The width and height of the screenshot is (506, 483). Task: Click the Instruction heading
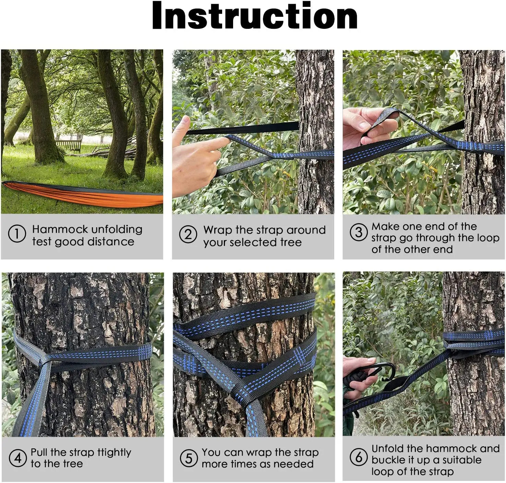point(255,16)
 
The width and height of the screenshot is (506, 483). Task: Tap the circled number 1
point(17,234)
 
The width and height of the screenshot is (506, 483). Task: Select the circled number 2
point(188,234)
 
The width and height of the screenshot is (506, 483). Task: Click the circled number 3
point(359,232)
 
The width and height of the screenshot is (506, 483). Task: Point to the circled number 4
point(17,458)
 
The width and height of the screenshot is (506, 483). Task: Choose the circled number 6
point(359,457)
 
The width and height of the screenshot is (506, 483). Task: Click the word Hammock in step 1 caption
point(60,229)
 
